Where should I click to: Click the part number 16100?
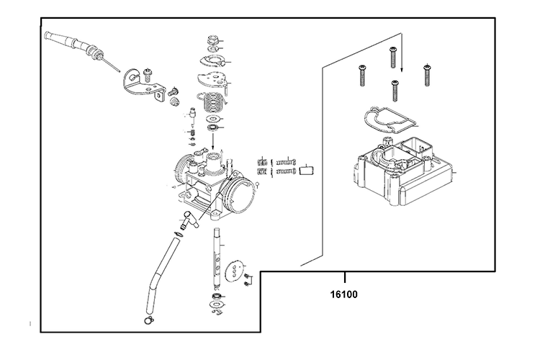pos(345,294)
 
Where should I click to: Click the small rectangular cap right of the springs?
pos(308,171)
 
